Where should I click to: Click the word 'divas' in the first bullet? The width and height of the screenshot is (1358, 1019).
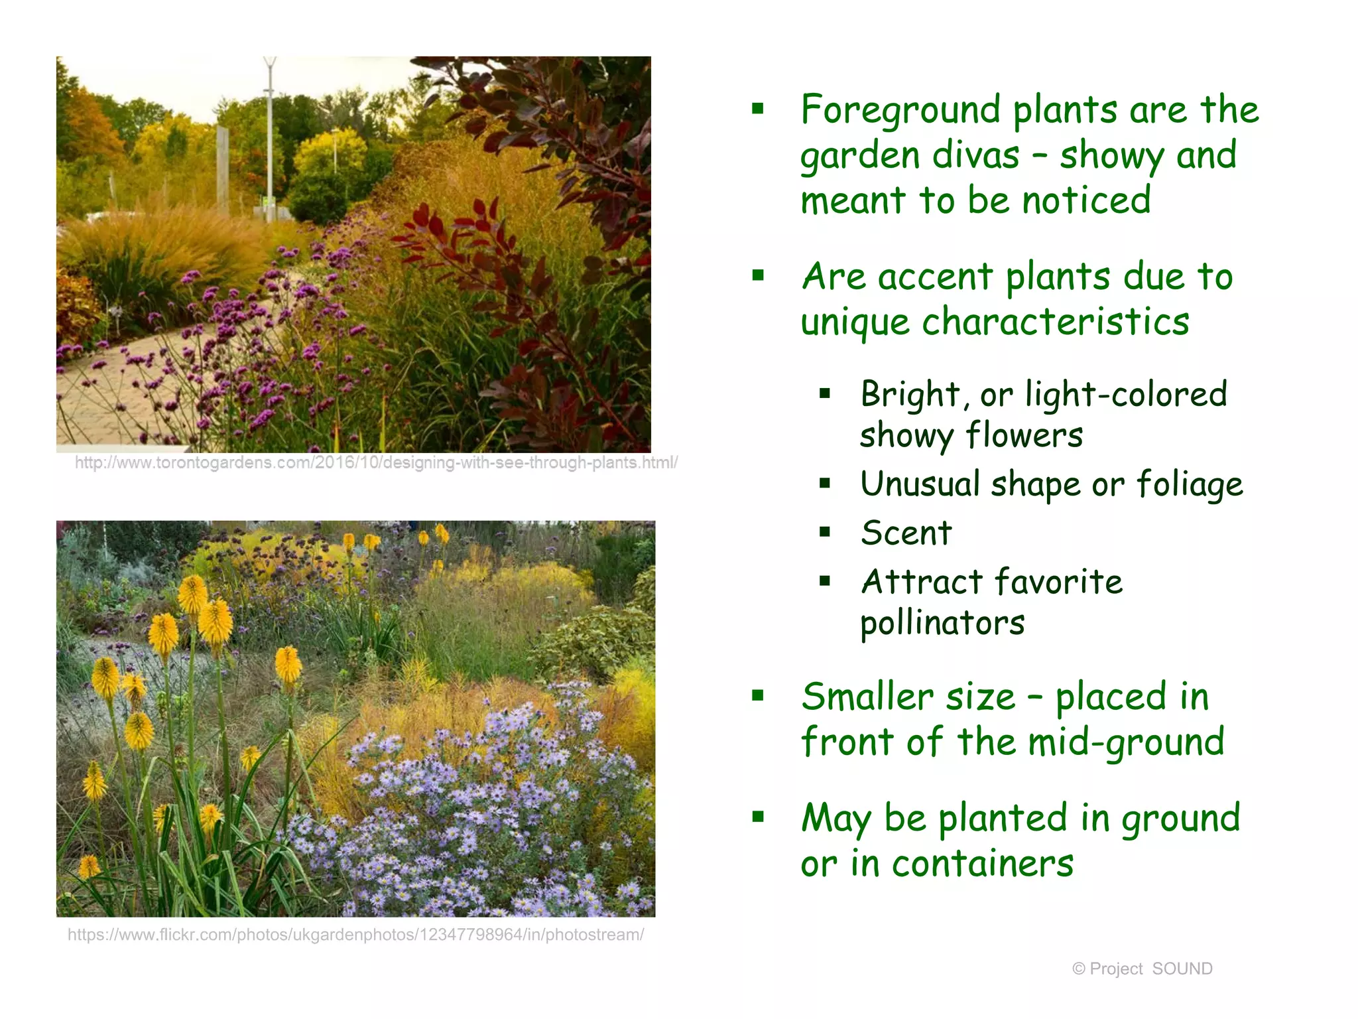coord(975,155)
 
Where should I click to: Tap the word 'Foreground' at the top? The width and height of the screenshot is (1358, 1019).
coord(900,110)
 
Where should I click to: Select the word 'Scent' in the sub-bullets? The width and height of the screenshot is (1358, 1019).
coord(906,533)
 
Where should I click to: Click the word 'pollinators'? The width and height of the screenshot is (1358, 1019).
coord(942,624)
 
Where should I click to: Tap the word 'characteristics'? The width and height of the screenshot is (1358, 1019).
coord(1056,322)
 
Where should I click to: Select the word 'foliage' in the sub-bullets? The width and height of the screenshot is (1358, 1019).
coord(1190,484)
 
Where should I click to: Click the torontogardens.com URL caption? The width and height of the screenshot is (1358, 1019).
coord(375,463)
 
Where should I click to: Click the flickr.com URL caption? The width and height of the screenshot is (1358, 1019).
coord(355,935)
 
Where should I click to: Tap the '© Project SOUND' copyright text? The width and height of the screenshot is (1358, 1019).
coord(1142,969)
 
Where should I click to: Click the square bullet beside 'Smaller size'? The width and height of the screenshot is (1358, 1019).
coord(758,695)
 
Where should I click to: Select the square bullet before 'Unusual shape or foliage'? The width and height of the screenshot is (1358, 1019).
coord(825,483)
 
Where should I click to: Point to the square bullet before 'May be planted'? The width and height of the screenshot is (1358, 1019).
coord(758,817)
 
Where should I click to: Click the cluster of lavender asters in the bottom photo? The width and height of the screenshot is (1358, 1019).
coord(477,796)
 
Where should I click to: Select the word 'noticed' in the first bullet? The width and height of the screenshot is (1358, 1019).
coord(1085,201)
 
